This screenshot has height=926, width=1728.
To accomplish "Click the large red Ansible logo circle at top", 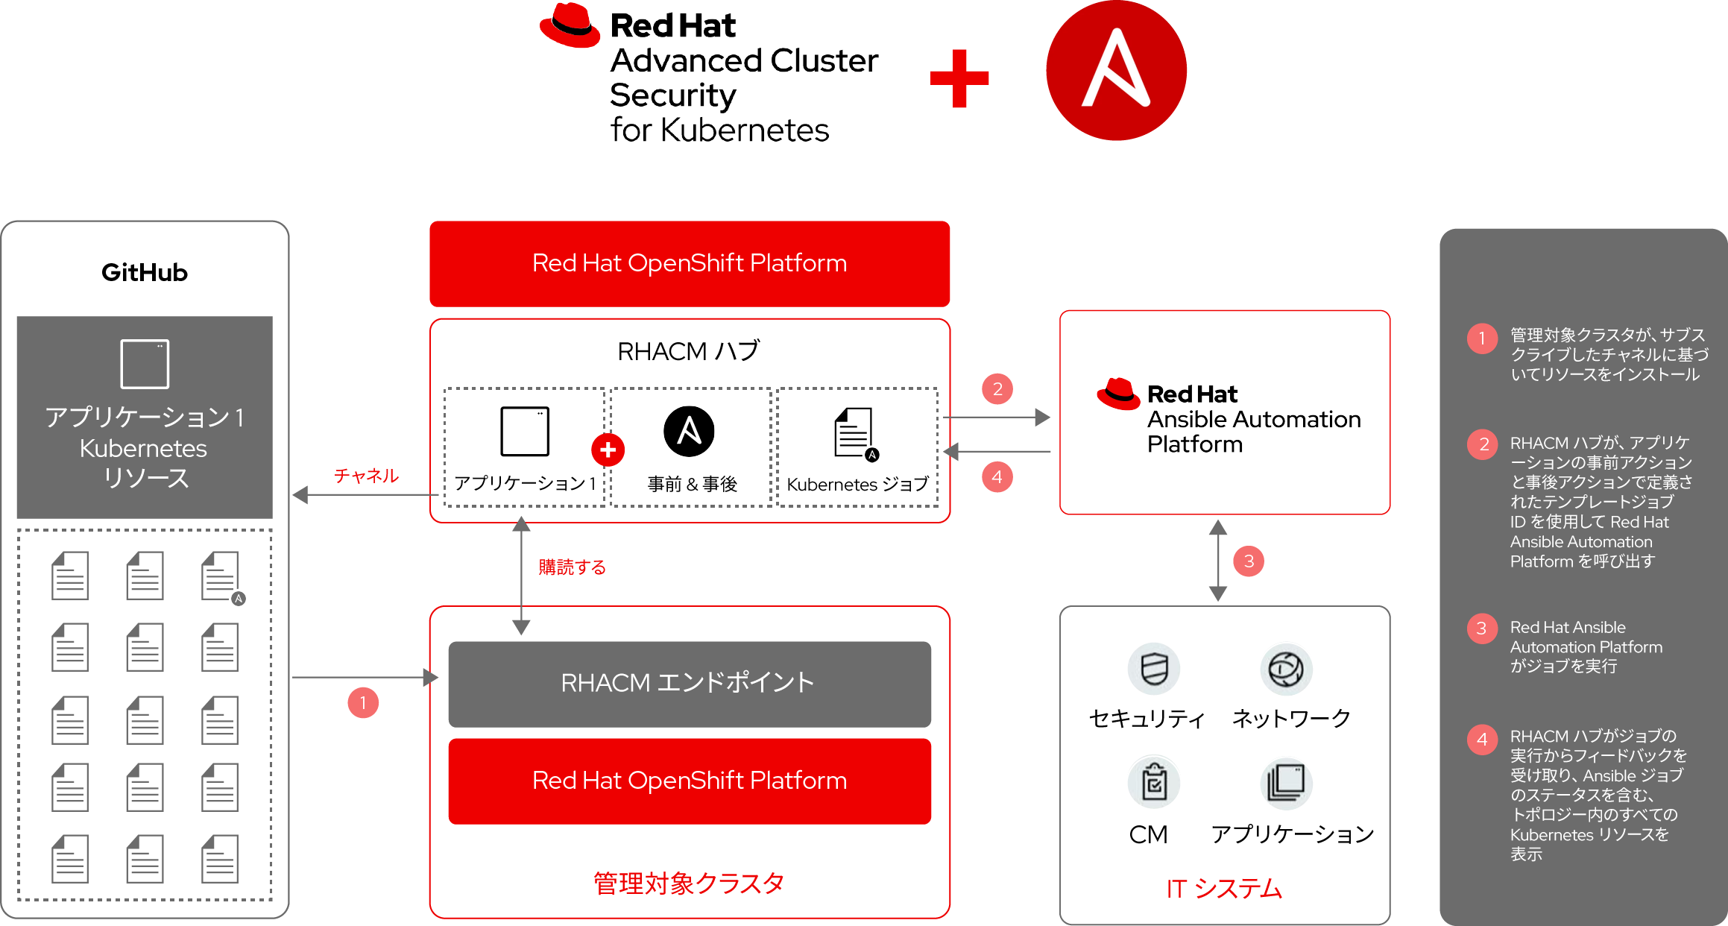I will point(1116,70).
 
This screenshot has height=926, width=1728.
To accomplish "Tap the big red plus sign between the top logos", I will point(959,78).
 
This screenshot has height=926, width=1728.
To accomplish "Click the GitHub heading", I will point(145,272).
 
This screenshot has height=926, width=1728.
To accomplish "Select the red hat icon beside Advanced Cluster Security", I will point(570,26).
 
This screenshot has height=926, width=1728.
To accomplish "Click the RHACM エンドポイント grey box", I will point(689,683).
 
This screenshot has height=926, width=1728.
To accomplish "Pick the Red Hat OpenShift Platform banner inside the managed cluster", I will point(689,781).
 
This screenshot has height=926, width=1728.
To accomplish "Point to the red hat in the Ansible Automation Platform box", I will point(1118,393).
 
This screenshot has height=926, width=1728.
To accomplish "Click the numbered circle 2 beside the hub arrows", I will point(997,389).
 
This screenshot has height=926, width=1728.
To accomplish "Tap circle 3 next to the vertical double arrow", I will point(1249,561).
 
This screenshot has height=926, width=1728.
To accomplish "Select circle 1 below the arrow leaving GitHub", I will point(363,702).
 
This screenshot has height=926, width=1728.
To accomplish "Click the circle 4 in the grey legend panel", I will point(1482,740).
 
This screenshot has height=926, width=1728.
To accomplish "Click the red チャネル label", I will point(366,476).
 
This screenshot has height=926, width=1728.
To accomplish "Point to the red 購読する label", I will point(572,567).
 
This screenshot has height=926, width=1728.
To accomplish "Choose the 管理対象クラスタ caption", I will point(688,884).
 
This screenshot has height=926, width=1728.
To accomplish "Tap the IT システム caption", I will point(1224,889).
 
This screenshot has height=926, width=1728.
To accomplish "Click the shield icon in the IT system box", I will point(1154,669).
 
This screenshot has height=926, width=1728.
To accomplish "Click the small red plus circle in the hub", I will point(608,450).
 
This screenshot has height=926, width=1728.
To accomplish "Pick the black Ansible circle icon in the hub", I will point(689,431).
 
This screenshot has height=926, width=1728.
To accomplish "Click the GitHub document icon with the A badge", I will point(221,576).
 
